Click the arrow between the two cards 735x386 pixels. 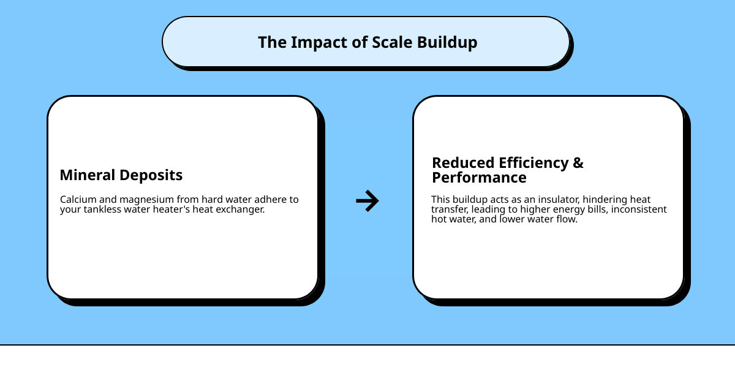point(367,200)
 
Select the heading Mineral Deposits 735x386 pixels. point(121,175)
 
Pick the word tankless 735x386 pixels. point(104,210)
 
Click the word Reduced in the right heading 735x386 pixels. point(463,163)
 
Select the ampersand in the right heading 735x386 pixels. point(578,163)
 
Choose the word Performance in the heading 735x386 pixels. point(479,178)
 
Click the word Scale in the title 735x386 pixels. point(393,42)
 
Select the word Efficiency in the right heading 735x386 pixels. point(533,163)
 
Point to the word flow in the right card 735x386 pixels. point(566,219)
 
